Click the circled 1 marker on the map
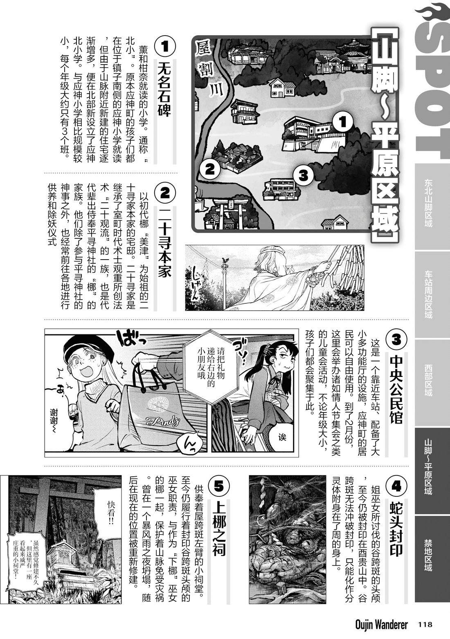click(x=343, y=123)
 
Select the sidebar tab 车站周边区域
click(x=428, y=294)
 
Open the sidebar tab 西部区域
click(x=428, y=380)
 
